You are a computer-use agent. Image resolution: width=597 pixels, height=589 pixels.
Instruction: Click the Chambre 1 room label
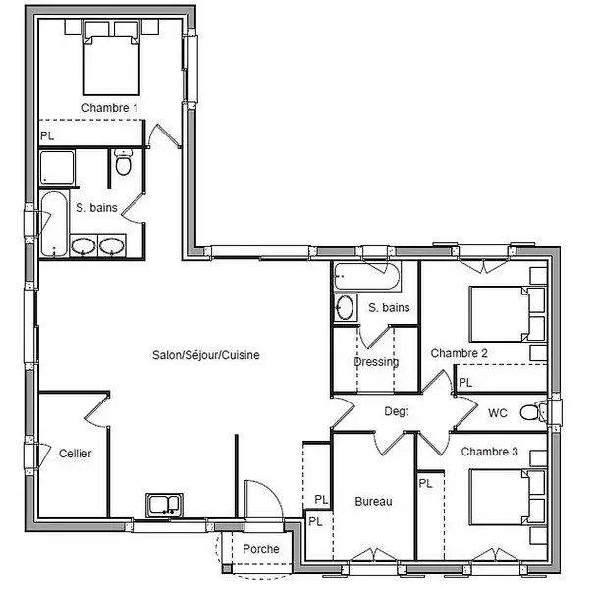coord(110,108)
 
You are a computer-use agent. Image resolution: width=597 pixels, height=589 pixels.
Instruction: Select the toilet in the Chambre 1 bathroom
coord(123,163)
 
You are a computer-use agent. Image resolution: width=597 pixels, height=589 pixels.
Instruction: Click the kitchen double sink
coord(164,505)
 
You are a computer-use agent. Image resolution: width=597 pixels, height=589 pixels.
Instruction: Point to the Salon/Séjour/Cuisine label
coord(206,355)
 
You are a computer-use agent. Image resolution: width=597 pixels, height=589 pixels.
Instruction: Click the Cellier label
coord(76,454)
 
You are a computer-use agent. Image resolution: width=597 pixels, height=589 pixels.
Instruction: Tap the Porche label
coord(261,549)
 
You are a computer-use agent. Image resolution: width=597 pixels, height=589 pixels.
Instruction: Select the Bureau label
coord(373,501)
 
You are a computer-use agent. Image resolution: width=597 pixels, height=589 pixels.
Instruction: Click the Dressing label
coord(376,361)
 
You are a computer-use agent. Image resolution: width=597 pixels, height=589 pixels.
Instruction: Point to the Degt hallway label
coord(397,411)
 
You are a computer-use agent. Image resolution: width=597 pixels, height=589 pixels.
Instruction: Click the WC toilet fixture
coord(533,412)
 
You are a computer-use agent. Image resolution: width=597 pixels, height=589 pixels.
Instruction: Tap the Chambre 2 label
coord(460,353)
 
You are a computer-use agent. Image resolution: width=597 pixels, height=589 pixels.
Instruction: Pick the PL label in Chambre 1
coord(47,135)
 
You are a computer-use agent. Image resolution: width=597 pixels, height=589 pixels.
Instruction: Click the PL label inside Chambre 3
coord(426,484)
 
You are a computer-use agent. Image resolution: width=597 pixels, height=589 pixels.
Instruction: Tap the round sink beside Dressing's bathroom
coord(346,307)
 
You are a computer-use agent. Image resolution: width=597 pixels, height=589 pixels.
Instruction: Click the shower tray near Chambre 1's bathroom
coord(57,168)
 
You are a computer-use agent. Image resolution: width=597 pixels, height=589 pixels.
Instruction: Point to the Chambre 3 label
coord(490,452)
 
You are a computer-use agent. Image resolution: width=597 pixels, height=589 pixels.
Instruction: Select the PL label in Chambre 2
coord(465,382)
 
